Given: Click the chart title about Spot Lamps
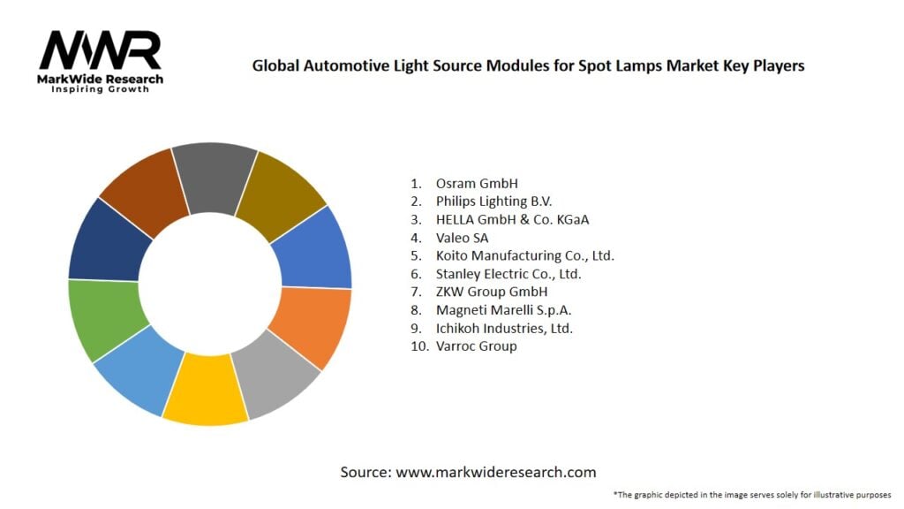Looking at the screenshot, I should (528, 65).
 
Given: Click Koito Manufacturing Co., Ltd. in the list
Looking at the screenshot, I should (524, 255).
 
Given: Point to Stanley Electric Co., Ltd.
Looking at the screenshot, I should (508, 274).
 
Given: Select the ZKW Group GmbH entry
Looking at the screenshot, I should (492, 292).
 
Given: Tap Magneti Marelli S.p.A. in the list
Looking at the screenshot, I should (497, 310).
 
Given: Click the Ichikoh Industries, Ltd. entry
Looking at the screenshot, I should (504, 328).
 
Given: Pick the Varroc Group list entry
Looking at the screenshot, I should (476, 346).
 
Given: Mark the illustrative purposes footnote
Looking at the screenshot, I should (752, 494).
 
